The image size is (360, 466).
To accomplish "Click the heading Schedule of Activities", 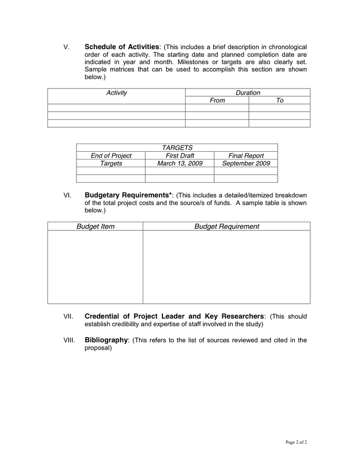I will tap(122, 47).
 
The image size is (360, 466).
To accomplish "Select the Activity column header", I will tap(116, 93).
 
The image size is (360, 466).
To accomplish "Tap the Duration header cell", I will tap(248, 93).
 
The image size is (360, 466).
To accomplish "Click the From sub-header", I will tap(217, 100).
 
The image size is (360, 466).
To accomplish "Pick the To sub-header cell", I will tap(280, 100).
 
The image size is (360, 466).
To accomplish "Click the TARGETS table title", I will tap(177, 148).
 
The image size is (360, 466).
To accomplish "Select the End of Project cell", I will tap(111, 155).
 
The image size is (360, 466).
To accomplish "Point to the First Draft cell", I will tap(179, 155).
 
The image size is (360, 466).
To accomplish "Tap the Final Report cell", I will tap(246, 155).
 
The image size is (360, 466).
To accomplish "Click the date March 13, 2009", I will tap(179, 163).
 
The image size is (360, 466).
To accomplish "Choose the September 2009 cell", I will tap(246, 163).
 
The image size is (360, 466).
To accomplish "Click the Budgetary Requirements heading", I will tap(129, 195).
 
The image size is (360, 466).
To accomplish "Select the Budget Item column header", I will tap(96, 226).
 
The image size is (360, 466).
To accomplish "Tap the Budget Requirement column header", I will tap(227, 226).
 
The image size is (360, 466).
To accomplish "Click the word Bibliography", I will tap(106, 340).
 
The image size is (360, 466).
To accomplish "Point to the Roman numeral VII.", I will tap(68, 316).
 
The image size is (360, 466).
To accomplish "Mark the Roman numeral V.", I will tap(66, 48).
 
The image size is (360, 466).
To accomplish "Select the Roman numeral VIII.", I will tap(69, 341).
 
